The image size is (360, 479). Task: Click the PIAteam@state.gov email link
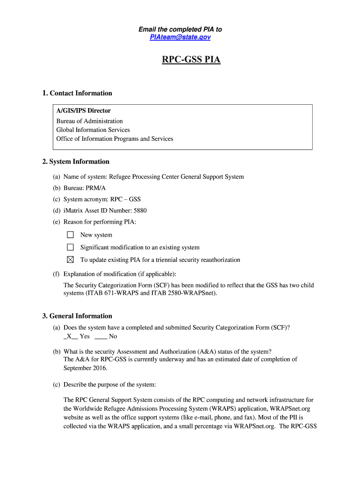pyautogui.click(x=180, y=37)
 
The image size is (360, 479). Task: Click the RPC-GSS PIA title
pyautogui.click(x=191, y=60)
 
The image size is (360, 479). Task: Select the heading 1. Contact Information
pyautogui.click(x=77, y=93)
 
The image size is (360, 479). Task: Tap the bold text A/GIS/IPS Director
pyautogui.click(x=83, y=111)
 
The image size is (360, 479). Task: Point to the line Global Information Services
pyautogui.click(x=93, y=130)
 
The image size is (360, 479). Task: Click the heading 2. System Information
pyautogui.click(x=76, y=161)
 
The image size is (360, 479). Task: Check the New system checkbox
pyautogui.click(x=71, y=235)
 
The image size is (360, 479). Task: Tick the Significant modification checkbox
pyautogui.click(x=71, y=247)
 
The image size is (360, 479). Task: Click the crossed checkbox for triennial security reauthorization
pyautogui.click(x=71, y=260)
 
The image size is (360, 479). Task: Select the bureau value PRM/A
pyautogui.click(x=96, y=188)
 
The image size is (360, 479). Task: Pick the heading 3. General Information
pyautogui.click(x=77, y=316)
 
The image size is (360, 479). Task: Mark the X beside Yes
pyautogui.click(x=69, y=336)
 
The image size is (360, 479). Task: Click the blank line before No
pyautogui.click(x=101, y=336)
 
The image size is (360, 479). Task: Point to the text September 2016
pyautogui.click(x=85, y=368)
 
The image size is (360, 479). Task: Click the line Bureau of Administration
pyautogui.click(x=89, y=121)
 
